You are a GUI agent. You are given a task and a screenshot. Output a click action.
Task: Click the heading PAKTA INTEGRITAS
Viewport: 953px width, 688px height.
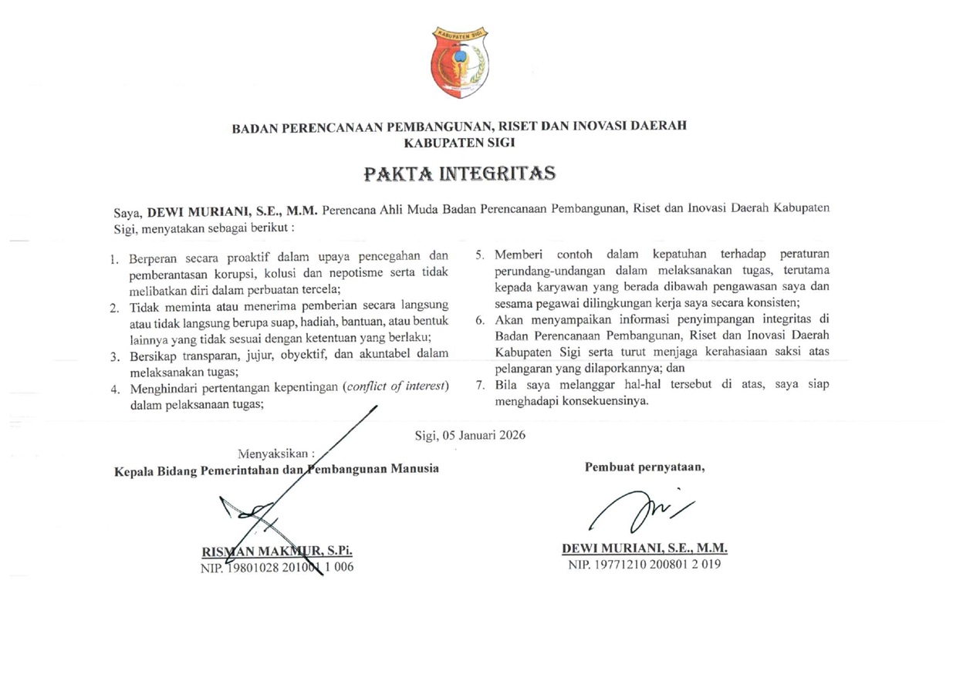459,174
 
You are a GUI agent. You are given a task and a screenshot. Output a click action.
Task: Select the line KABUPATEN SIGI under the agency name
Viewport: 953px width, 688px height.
459,142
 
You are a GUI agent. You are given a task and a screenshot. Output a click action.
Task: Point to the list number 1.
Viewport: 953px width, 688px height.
113,258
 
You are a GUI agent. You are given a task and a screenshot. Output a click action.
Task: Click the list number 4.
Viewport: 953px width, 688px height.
113,390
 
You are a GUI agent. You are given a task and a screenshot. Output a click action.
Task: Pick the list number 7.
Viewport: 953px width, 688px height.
479,384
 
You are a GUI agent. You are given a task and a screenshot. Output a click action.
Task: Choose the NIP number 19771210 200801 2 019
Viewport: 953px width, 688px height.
644,565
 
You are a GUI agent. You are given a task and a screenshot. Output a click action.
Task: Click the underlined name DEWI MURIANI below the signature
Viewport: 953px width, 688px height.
644,549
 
